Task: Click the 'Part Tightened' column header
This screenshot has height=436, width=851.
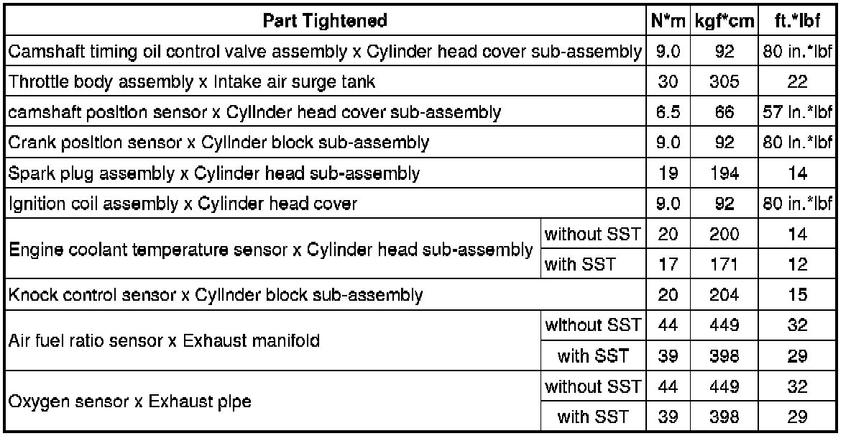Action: (325, 20)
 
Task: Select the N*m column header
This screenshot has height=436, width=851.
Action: (668, 21)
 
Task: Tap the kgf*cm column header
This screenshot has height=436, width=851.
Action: (724, 21)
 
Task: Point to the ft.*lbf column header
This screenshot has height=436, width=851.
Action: (797, 21)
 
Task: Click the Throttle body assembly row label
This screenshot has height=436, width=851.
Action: (191, 82)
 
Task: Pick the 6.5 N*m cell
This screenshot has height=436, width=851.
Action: (668, 112)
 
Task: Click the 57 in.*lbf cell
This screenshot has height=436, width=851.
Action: (797, 112)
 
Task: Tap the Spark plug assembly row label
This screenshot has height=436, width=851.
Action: (213, 173)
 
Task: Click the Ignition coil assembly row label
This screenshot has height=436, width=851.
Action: (183, 204)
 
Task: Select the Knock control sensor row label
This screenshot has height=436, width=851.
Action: (215, 294)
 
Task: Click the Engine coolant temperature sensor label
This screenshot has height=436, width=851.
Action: (270, 250)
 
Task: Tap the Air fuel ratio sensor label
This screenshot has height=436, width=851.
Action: (164, 341)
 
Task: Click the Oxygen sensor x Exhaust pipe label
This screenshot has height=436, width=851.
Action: (129, 401)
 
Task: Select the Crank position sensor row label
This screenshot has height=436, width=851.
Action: (218, 142)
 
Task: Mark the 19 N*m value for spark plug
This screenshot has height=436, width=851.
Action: (668, 173)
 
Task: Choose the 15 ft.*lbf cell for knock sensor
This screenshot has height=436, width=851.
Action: (797, 294)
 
